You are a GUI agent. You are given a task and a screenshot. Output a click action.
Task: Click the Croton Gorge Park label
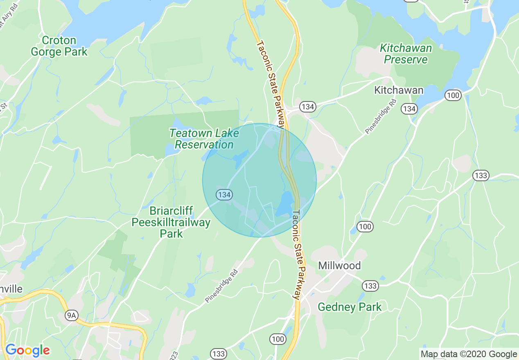point(59,46)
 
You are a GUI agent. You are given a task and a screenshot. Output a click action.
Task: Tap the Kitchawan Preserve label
point(406,54)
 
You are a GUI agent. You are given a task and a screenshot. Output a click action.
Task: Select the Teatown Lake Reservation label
point(204,139)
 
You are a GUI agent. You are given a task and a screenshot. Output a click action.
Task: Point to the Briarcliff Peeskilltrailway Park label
point(171,222)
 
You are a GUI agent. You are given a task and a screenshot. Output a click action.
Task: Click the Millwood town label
point(339,266)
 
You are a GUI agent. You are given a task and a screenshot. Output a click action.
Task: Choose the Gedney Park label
point(350,307)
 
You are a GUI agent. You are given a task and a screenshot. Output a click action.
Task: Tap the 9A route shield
point(72,315)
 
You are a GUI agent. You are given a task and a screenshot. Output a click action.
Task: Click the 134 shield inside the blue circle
point(224,194)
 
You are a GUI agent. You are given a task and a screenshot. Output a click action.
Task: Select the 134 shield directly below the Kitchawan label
point(409,108)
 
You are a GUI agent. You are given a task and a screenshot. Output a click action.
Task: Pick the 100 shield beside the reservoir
point(454,96)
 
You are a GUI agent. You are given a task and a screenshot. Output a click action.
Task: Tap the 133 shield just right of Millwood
point(370,286)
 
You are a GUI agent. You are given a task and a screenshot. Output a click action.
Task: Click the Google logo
point(27,350)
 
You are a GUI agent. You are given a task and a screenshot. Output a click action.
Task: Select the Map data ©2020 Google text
point(469,354)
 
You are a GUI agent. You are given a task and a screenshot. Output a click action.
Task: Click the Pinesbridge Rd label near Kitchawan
point(381,116)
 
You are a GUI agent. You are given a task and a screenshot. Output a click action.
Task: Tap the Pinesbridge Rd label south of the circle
point(221,286)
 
